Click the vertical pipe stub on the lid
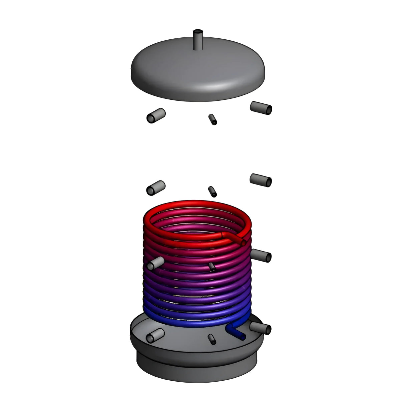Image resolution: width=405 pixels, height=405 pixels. tap(198, 39)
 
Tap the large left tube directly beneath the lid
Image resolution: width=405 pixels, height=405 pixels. tap(156, 115)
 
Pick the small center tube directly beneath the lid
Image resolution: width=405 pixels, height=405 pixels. tap(213, 119)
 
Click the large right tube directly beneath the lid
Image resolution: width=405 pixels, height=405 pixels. tap(261, 107)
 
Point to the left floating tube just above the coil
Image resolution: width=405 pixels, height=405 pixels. tap(156, 187)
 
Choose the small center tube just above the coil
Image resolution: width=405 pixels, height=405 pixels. tap(213, 191)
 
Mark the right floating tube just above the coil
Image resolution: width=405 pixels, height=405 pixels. tap(261, 180)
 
